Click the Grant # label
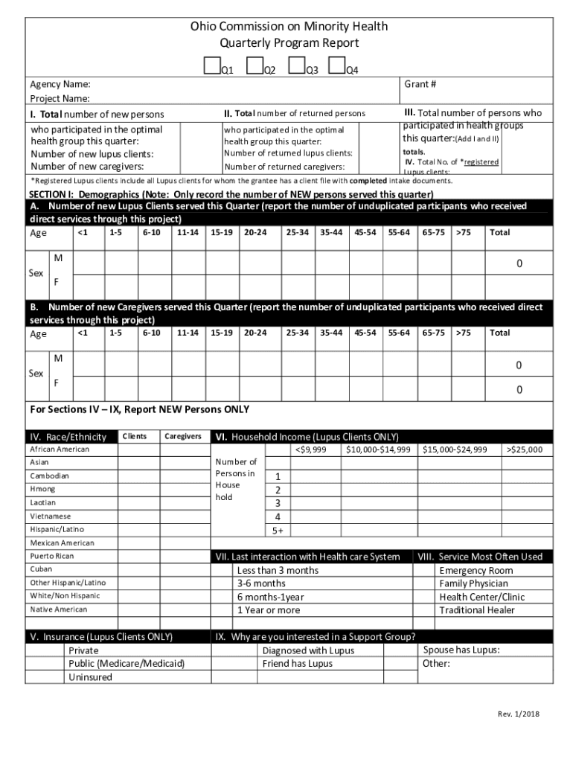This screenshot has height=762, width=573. (x=420, y=84)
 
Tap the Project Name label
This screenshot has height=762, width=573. (x=60, y=98)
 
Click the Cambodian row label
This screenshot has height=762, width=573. (x=49, y=476)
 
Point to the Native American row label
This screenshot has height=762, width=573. (x=58, y=609)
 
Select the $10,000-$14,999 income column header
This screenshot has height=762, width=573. (x=378, y=449)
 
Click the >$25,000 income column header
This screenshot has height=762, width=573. (x=525, y=449)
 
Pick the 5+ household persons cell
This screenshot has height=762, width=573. (x=278, y=530)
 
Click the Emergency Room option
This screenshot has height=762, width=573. (x=476, y=570)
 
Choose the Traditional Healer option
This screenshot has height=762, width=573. (x=477, y=610)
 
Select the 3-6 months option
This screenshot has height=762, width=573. (x=261, y=583)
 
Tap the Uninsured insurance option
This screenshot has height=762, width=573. (x=90, y=677)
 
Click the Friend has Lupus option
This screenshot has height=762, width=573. (x=297, y=664)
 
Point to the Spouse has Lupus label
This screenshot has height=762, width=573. (x=461, y=650)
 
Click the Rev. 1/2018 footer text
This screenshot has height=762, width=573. (x=519, y=714)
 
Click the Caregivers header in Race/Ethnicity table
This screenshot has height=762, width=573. (x=183, y=436)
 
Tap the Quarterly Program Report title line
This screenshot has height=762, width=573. (x=289, y=43)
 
